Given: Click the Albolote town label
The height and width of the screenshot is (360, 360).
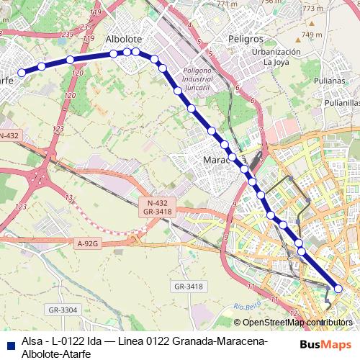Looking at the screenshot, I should pyautogui.click(x=124, y=38).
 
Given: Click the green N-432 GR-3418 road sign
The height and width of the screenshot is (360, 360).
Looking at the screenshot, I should pyautogui.click(x=156, y=209).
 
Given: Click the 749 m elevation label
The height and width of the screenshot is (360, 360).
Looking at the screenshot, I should pyautogui.click(x=312, y=34).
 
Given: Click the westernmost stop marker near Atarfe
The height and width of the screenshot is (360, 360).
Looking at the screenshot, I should pyautogui.click(x=22, y=72).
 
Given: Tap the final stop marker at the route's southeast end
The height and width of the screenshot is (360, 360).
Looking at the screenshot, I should pyautogui.click(x=338, y=289).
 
